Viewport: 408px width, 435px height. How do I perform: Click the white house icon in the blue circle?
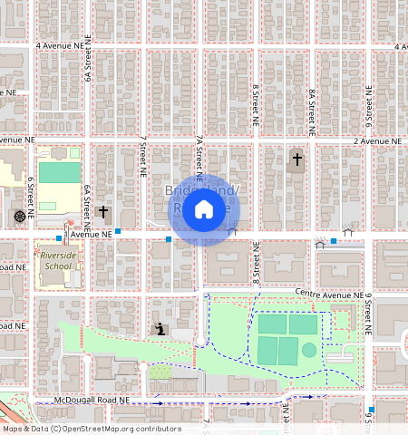204,210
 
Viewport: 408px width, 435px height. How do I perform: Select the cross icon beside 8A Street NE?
296,159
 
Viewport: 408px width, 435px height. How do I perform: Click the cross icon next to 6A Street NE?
103,213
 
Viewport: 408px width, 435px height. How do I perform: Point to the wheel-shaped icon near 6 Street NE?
19,216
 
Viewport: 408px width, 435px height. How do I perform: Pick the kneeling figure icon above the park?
160,329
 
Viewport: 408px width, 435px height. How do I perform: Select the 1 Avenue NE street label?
88,234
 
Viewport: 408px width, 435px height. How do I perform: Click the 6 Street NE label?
30,197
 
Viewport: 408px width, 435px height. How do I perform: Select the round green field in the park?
309,350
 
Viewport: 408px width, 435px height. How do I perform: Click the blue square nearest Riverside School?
58,238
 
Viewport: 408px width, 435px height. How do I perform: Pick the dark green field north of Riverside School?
60,172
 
